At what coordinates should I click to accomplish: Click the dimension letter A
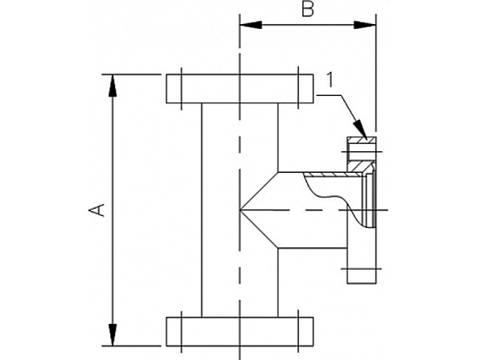(x=96, y=210)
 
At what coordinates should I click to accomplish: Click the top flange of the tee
(x=239, y=88)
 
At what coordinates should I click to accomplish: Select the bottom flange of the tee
(x=239, y=330)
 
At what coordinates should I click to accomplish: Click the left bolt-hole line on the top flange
(x=183, y=88)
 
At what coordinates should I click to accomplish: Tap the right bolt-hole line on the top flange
(x=298, y=88)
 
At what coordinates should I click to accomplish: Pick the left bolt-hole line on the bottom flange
(x=183, y=330)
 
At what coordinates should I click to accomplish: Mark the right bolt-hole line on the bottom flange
(x=298, y=330)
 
